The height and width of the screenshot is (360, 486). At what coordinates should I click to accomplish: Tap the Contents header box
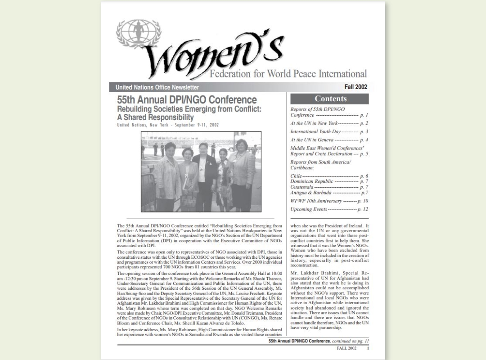[x=330, y=99]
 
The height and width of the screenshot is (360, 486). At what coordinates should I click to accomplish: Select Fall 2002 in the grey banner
[x=355, y=87]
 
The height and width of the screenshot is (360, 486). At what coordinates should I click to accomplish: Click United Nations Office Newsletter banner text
[x=157, y=87]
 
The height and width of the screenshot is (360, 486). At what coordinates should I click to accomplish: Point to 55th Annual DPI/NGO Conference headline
[x=187, y=100]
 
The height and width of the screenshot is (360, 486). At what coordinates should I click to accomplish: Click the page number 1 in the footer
[x=368, y=348]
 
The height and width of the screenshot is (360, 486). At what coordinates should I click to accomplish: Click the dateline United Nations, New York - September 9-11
[x=168, y=125]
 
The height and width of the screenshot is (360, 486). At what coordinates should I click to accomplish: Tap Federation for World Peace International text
[x=288, y=74]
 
